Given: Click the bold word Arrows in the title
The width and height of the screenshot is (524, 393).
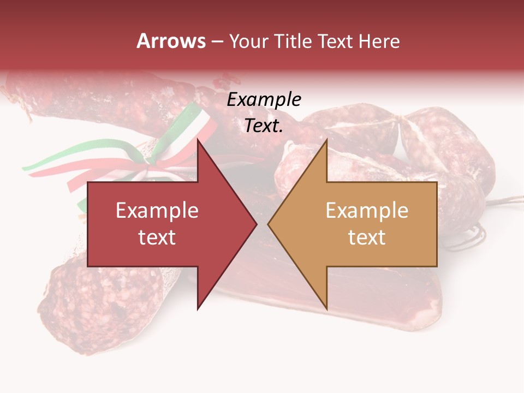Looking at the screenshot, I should (x=171, y=41).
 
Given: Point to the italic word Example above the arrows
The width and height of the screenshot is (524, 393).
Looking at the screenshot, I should (x=264, y=100).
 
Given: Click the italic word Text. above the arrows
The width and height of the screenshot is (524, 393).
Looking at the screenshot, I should (x=264, y=126).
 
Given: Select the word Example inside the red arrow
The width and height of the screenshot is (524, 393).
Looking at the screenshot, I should (x=157, y=211).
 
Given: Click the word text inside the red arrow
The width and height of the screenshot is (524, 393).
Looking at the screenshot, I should (x=157, y=237).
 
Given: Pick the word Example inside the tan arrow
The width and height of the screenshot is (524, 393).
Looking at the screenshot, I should (x=367, y=211).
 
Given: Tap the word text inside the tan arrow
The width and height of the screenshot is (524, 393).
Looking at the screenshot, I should (x=367, y=237).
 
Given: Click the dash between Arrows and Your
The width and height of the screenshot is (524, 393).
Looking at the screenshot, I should (x=217, y=41).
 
